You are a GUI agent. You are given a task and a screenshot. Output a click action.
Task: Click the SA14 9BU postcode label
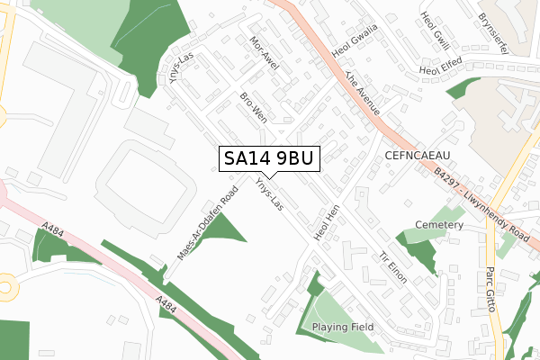pyautogui.click(x=269, y=158)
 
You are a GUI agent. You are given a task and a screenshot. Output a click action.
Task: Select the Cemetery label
pyautogui.click(x=439, y=224)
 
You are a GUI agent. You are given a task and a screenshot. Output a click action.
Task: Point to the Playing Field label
pyautogui.click(x=343, y=327)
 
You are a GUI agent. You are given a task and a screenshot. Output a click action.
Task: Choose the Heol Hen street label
pyautogui.click(x=324, y=221)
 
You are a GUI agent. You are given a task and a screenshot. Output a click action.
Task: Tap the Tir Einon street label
pyautogui.click(x=393, y=267)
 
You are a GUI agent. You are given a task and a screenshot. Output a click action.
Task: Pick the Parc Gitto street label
pyautogui.click(x=491, y=287)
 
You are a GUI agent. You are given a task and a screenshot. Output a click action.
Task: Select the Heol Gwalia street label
pyautogui.click(x=355, y=40)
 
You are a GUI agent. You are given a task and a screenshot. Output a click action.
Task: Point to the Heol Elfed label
pyautogui.click(x=440, y=66)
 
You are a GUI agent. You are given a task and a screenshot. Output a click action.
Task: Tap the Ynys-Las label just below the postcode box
pyautogui.click(x=268, y=195)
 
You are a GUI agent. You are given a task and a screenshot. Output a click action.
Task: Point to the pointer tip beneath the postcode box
pyautogui.click(x=269, y=177)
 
